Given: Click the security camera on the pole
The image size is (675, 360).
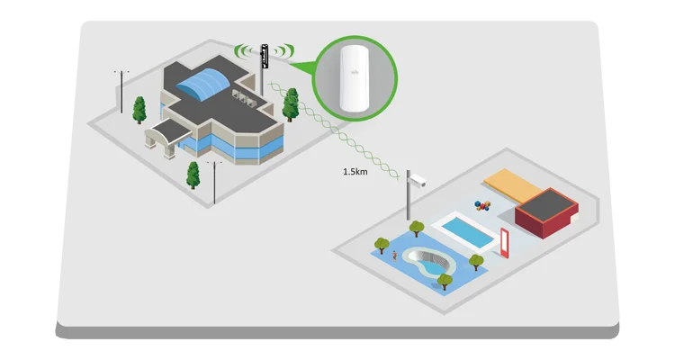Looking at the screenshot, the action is coord(415,180).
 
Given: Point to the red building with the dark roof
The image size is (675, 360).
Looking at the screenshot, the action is coord(545,213).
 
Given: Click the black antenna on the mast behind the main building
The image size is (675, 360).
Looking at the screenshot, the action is coord(264,56).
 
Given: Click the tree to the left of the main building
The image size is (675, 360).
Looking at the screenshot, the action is coord(139,108).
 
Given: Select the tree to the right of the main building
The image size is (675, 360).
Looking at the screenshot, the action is coord(291,104).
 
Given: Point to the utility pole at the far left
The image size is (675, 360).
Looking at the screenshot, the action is coord(121,90).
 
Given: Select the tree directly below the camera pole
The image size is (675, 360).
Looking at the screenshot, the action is coord(416,229).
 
